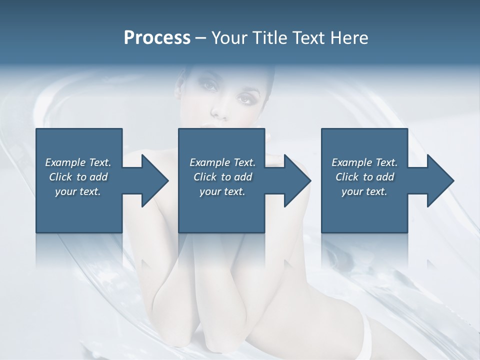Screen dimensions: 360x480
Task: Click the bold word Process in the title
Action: point(157,37)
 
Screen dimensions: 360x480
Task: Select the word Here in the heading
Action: point(350,37)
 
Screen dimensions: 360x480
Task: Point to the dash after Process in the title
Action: point(201,38)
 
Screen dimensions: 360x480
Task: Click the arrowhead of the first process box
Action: point(155,180)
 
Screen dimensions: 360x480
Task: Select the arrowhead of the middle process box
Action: point(297,180)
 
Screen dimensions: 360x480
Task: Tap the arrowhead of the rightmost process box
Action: point(440,180)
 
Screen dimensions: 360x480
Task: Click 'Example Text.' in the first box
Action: point(78,162)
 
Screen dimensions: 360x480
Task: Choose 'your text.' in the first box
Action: point(78,191)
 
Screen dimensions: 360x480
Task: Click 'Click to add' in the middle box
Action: point(222,177)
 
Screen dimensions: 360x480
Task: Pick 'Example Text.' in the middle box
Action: point(222,162)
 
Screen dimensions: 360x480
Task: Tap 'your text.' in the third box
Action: point(364,191)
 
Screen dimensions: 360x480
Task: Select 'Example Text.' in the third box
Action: point(364,162)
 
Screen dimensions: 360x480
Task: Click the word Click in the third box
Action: point(347,177)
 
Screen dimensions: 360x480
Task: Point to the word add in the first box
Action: point(98,177)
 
